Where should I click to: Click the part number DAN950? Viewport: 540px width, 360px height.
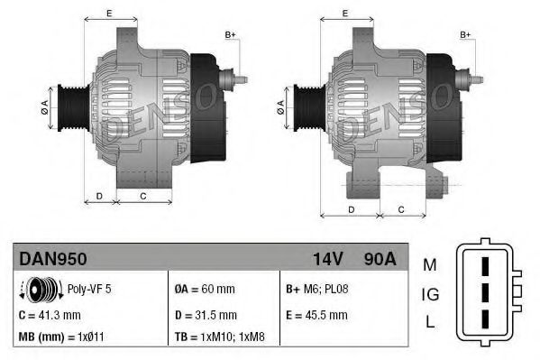[52, 259]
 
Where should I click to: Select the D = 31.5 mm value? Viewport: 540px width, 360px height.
[205, 315]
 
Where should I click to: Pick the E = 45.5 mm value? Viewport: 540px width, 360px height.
[317, 315]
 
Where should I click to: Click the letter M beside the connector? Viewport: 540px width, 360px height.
[429, 264]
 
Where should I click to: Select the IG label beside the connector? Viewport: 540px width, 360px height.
[429, 293]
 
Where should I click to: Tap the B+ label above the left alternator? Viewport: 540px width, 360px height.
[229, 34]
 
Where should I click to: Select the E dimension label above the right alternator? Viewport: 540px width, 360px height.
[345, 14]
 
